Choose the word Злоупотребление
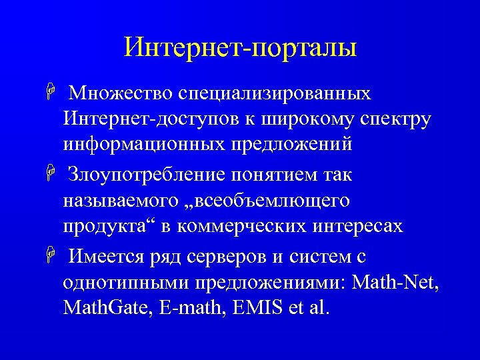tap(149, 175)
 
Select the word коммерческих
tap(239, 226)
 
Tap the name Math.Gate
tap(107, 308)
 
